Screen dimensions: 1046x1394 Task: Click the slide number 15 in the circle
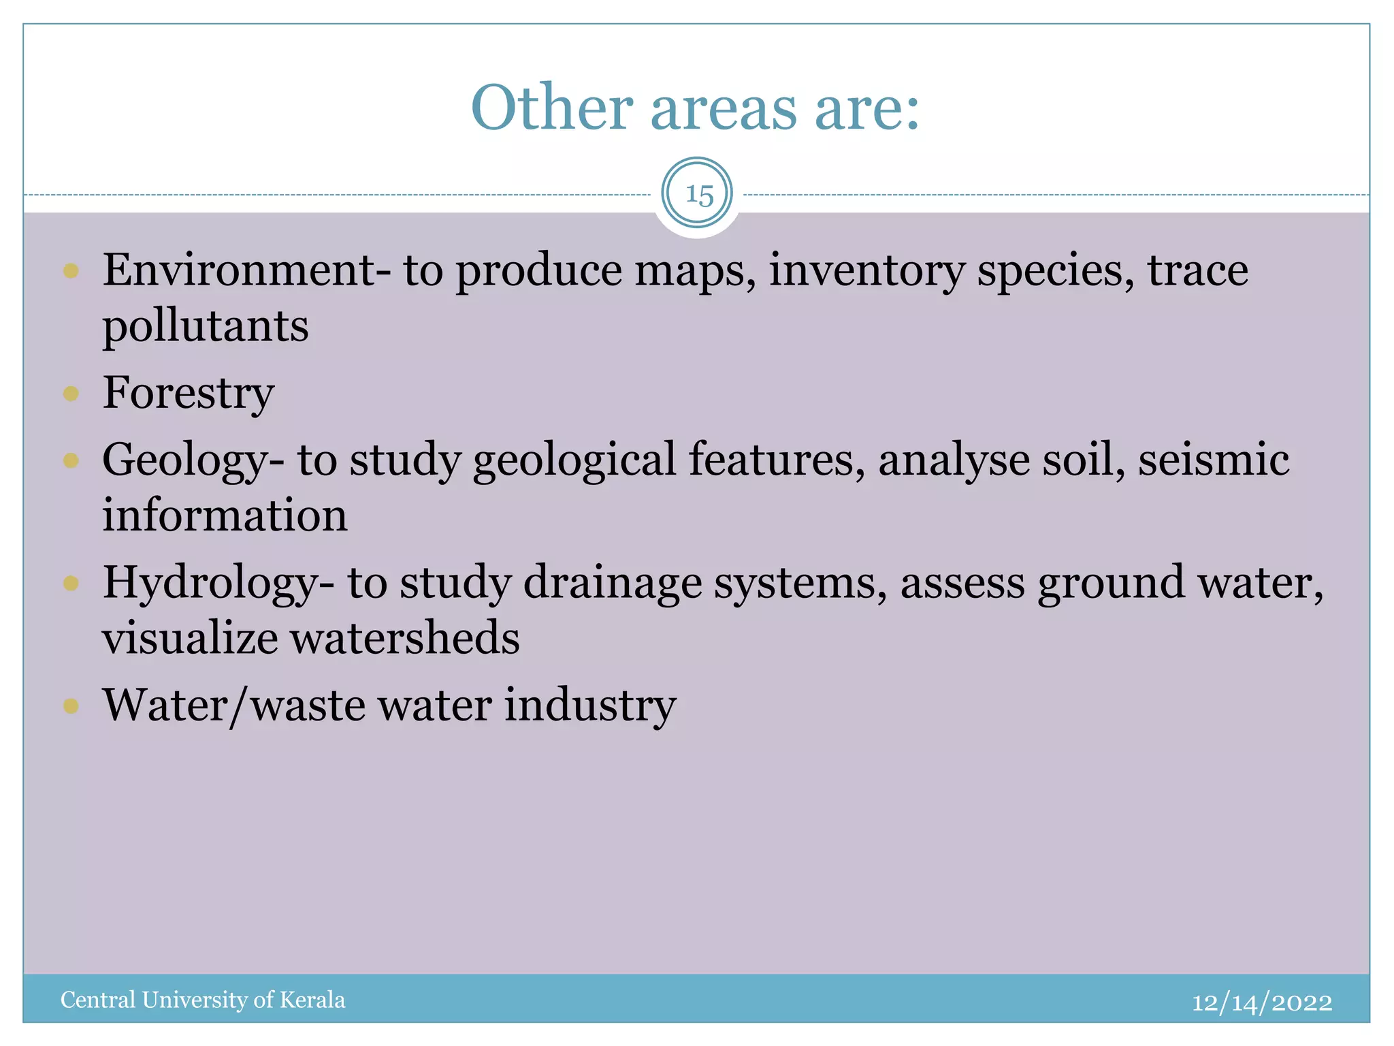click(698, 195)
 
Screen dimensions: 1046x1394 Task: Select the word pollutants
click(206, 326)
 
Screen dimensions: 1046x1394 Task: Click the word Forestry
click(189, 393)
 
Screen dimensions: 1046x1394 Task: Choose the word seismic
click(1214, 460)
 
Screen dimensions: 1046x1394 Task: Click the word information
click(225, 515)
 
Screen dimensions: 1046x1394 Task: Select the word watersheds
click(405, 638)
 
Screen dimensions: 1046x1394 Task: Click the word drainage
click(613, 583)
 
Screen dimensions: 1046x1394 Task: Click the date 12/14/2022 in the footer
click(1262, 1002)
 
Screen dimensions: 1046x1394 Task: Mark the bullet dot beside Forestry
click(71, 394)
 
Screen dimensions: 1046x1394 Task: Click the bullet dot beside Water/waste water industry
click(71, 706)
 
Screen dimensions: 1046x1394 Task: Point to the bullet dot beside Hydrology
click(71, 583)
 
